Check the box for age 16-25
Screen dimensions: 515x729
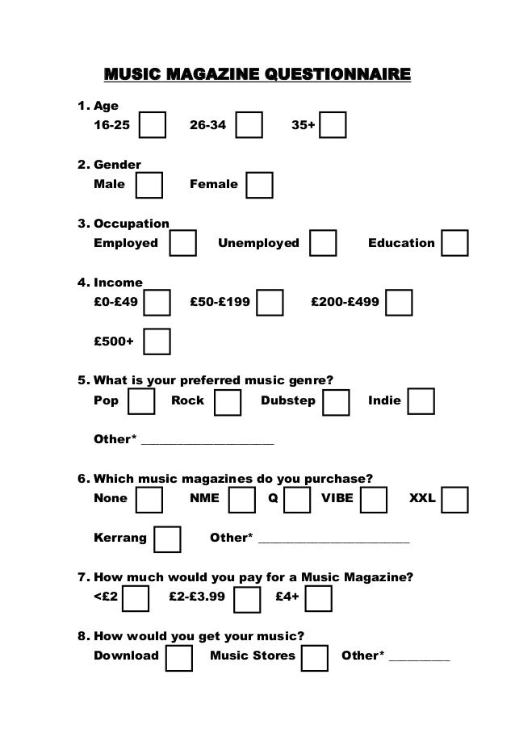(153, 126)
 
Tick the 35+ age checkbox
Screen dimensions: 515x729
(333, 126)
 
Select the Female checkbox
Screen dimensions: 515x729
(259, 184)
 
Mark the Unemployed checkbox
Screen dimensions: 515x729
(324, 243)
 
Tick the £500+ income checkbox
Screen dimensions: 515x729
(157, 341)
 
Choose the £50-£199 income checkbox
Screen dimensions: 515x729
(270, 303)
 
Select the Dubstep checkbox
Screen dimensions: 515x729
(336, 401)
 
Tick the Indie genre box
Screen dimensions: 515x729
(421, 401)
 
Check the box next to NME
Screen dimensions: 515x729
(242, 499)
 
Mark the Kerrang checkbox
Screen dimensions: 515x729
(167, 538)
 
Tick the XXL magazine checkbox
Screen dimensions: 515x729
(455, 499)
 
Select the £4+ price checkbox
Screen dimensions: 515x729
(319, 598)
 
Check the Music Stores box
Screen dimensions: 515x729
(315, 656)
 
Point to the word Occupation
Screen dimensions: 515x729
(132, 224)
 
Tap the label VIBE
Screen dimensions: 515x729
(337, 498)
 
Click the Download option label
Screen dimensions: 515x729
(127, 656)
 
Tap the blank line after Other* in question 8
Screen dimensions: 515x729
(419, 657)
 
